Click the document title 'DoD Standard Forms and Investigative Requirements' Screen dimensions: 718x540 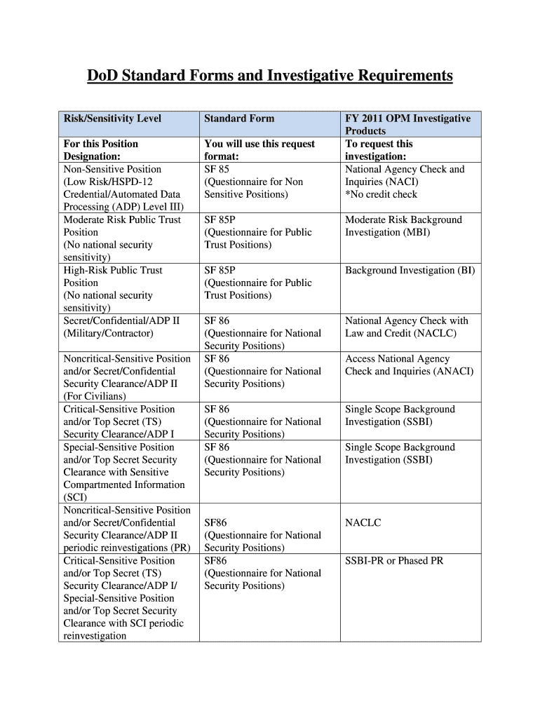pyautogui.click(x=270, y=76)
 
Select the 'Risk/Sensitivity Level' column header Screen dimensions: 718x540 pyautogui.click(x=112, y=118)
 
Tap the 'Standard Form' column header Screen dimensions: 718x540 pyautogui.click(x=239, y=118)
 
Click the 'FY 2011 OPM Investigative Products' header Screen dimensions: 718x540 pyautogui.click(x=407, y=124)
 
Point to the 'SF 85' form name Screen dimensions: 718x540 pyautogui.click(x=217, y=169)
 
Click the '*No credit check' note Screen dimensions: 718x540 pyautogui.click(x=381, y=194)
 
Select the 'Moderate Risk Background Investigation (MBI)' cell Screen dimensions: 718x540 pyautogui.click(x=403, y=226)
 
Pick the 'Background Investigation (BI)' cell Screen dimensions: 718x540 pyautogui.click(x=410, y=270)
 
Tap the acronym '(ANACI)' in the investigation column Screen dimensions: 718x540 pyautogui.click(x=448, y=371)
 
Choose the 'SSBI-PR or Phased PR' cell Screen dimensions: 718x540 pyautogui.click(x=394, y=560)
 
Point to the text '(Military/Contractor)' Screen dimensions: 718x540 pyautogui.click(x=108, y=333)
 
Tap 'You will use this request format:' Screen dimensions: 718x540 pyautogui.click(x=259, y=150)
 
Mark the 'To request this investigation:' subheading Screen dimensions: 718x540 pyautogui.click(x=379, y=150)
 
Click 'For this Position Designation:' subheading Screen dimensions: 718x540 pyautogui.click(x=101, y=150)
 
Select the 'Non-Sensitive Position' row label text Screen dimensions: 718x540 pyautogui.click(x=112, y=169)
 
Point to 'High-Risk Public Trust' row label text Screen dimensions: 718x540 pyautogui.click(x=113, y=270)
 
